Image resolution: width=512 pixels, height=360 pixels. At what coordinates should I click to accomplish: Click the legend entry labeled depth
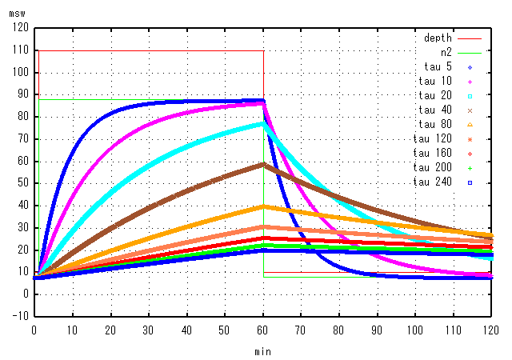click(438, 38)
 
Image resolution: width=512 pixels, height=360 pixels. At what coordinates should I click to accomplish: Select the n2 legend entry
click(446, 52)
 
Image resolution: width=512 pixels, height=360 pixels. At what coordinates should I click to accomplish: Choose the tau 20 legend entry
click(435, 95)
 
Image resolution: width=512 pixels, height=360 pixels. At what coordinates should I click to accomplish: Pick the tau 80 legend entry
click(435, 124)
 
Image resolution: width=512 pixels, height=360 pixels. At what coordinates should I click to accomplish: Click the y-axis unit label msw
click(18, 14)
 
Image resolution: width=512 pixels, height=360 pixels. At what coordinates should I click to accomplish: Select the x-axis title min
click(263, 351)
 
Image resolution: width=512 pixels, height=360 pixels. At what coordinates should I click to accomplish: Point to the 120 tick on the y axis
click(20, 28)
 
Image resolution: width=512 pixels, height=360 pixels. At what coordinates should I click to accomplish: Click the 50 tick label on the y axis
click(22, 182)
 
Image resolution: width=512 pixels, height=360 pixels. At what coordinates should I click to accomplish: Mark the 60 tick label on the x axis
click(263, 329)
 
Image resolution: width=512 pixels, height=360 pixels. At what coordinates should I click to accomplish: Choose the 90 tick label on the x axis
click(378, 329)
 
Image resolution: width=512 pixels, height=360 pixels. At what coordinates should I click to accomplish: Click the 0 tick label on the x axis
click(34, 329)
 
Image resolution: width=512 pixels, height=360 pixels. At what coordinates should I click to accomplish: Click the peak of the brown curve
click(263, 164)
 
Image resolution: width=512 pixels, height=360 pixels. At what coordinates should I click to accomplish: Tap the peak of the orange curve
click(263, 206)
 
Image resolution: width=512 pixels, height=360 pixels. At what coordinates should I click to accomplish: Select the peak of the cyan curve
click(263, 122)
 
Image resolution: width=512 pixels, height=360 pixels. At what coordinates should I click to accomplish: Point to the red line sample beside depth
click(474, 38)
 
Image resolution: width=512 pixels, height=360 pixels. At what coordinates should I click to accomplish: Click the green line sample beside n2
click(474, 52)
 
